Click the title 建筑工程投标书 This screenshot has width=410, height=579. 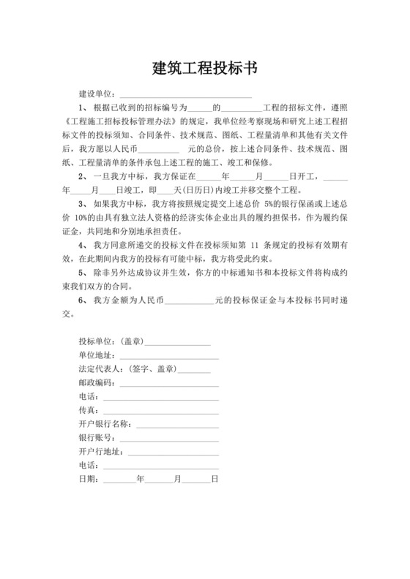tap(204, 69)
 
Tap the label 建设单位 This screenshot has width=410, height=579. tap(95, 94)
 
